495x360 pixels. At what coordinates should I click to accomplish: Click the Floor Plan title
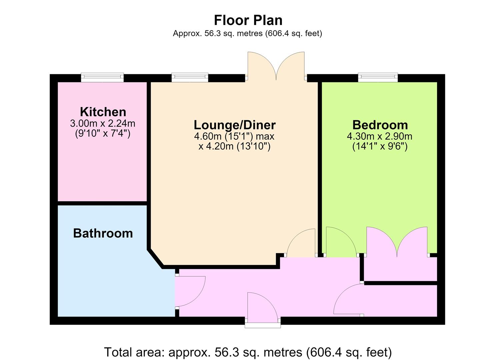(248, 20)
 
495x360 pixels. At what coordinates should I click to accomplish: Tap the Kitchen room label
(103, 112)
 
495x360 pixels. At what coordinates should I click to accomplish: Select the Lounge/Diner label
(235, 125)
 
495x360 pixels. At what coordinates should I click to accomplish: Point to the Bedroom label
(380, 125)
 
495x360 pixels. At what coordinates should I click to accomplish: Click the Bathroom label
(103, 233)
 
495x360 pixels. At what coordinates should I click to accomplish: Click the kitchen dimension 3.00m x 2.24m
(103, 123)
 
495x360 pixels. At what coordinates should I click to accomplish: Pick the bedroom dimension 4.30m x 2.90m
(379, 136)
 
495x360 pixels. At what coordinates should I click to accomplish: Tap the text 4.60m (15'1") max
(234, 136)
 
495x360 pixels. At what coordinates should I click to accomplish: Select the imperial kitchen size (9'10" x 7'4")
(103, 134)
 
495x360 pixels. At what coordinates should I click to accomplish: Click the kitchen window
(102, 77)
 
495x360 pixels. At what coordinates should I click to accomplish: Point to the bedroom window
(378, 77)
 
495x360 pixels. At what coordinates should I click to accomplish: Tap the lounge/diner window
(190, 77)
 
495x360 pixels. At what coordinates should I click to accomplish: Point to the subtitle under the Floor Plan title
(247, 33)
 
